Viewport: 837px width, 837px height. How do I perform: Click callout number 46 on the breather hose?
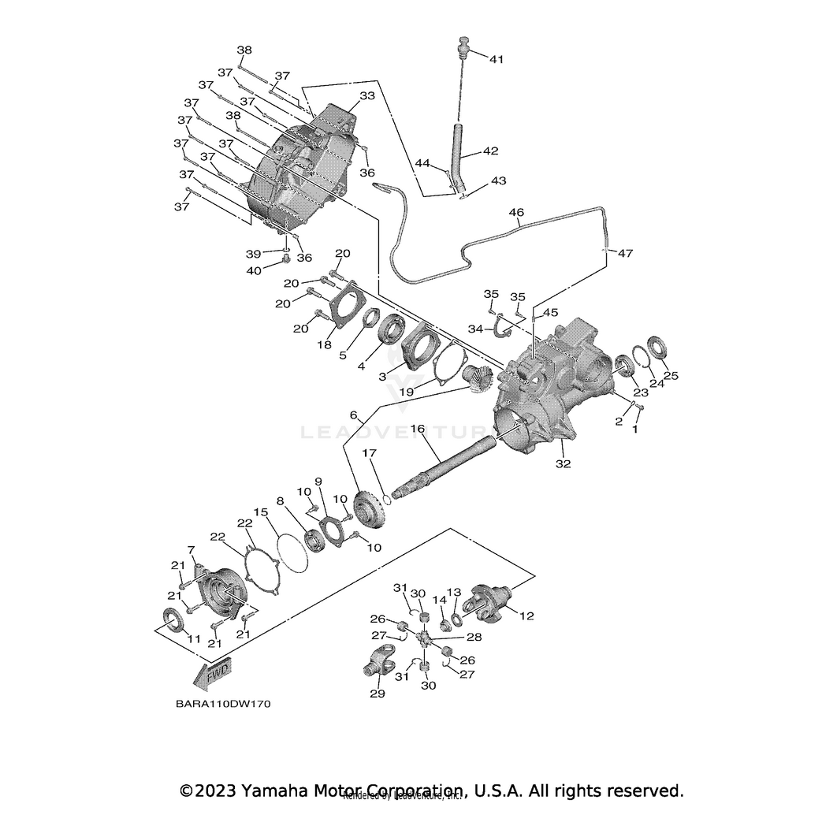point(516,213)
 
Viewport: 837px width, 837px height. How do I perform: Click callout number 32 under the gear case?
point(561,464)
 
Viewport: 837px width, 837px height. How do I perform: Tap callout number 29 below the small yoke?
point(378,694)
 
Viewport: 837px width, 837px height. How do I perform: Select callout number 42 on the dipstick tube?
point(512,150)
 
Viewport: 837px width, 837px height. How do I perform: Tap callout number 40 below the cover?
point(254,270)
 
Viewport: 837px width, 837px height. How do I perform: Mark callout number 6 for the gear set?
point(353,415)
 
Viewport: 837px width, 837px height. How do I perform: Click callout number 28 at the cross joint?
point(474,635)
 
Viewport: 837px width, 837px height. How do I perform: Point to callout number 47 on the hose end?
point(625,254)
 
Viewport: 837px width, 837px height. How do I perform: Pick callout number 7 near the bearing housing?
point(190,549)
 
